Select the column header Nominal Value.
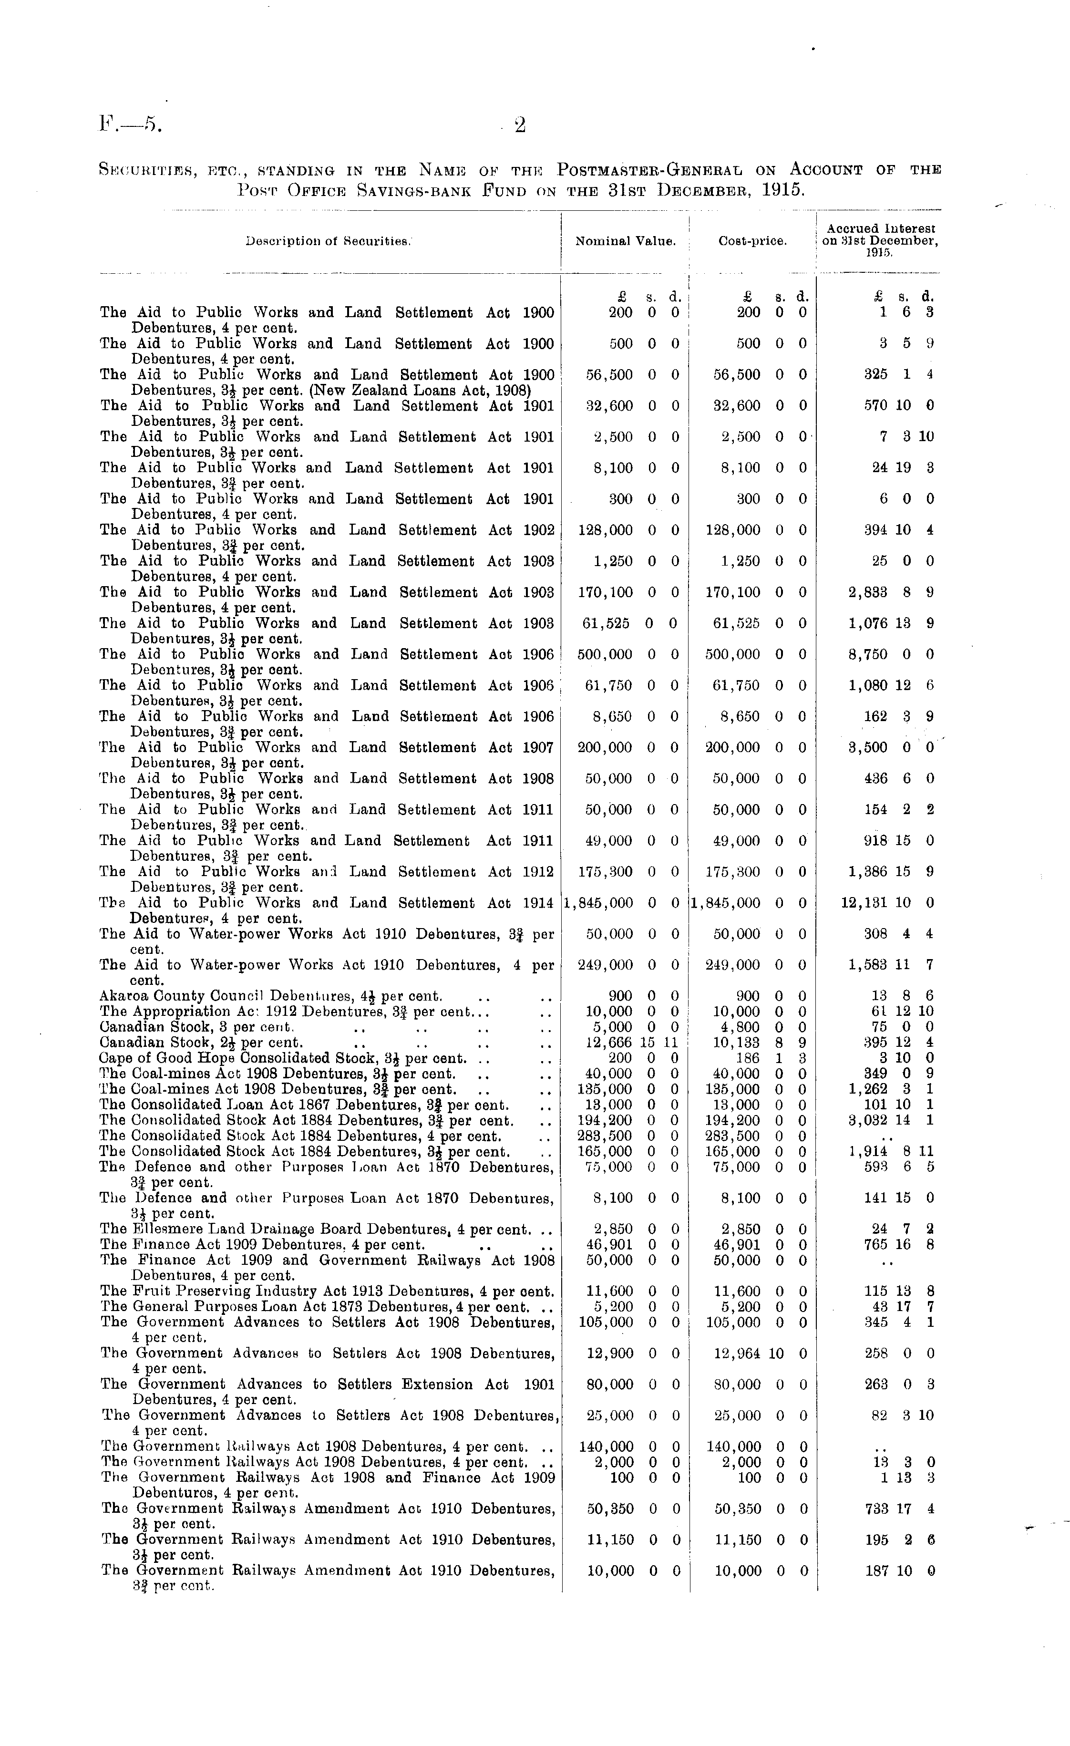click(x=625, y=241)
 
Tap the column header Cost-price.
click(x=752, y=241)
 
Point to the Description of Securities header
click(x=328, y=241)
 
